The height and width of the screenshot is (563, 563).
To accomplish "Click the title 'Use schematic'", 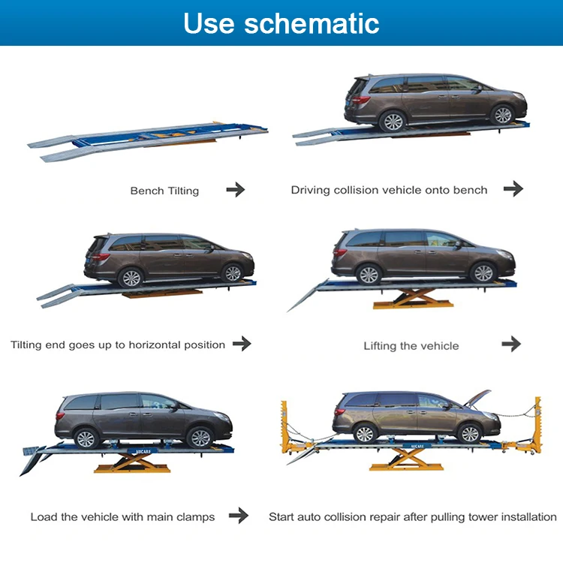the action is click(x=281, y=23).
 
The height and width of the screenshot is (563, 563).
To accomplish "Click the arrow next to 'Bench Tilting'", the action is click(x=236, y=190).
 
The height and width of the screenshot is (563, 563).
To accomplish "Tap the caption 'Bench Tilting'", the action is click(x=164, y=191).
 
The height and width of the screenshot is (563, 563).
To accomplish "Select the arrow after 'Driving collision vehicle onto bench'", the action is click(x=513, y=189).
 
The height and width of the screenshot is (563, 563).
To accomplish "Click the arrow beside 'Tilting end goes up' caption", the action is click(x=242, y=344).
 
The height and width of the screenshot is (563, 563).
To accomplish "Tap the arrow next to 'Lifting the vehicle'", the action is click(x=511, y=344).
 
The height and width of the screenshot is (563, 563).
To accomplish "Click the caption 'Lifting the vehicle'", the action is click(x=411, y=346).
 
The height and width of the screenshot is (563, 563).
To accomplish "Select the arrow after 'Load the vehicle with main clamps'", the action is click(x=239, y=516).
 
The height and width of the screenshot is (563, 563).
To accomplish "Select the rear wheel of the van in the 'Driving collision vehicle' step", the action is click(x=392, y=122).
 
